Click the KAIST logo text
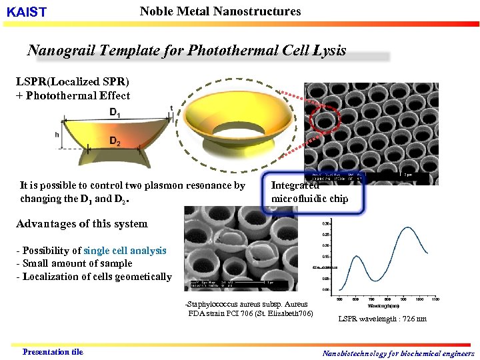coord(27,13)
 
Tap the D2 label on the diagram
coord(115,141)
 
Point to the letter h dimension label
coord(58,134)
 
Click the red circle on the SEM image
coord(326,121)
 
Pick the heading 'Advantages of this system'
coord(82,223)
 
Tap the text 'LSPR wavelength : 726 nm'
coord(382,319)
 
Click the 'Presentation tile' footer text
coord(53,351)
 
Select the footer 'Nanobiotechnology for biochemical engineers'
coord(398,353)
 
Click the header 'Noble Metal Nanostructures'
coord(220,11)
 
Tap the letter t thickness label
coord(171,108)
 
